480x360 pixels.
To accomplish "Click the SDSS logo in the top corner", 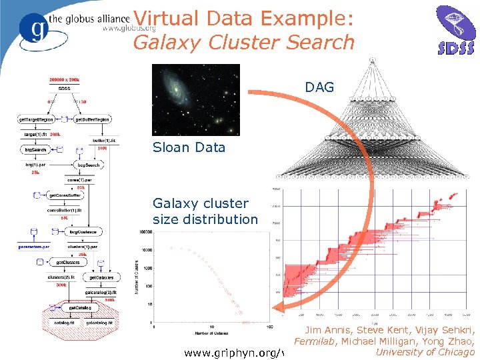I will pos(455,30).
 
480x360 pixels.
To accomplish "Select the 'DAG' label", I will pos(319,87).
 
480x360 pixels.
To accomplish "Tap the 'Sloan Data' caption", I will pos(189,147).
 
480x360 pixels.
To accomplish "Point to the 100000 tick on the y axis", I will pos(145,233).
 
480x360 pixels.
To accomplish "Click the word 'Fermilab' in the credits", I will pos(314,341).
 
